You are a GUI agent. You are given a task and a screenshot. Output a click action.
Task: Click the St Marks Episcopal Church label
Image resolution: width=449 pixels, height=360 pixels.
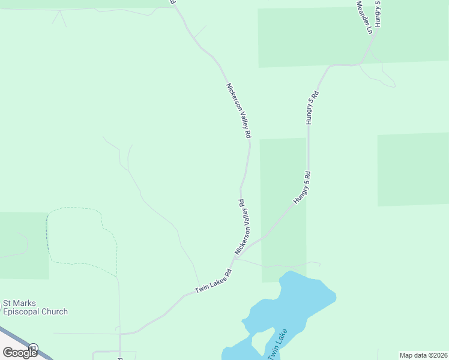[35, 307]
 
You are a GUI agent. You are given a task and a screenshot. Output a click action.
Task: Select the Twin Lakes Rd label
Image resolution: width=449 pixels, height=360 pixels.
[213, 281]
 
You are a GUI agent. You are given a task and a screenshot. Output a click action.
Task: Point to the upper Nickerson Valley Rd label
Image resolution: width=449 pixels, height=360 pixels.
[238, 111]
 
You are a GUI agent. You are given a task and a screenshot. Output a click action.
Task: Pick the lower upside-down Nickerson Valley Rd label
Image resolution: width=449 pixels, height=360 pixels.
[243, 227]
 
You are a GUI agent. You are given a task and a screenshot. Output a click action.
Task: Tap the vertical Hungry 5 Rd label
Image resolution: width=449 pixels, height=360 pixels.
[311, 107]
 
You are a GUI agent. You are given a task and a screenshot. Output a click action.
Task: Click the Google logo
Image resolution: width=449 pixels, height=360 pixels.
[20, 352]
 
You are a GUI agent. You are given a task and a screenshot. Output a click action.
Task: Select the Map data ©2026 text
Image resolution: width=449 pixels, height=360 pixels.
[423, 355]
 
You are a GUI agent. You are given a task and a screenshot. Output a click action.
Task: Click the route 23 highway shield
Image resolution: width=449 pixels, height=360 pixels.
[34, 347]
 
